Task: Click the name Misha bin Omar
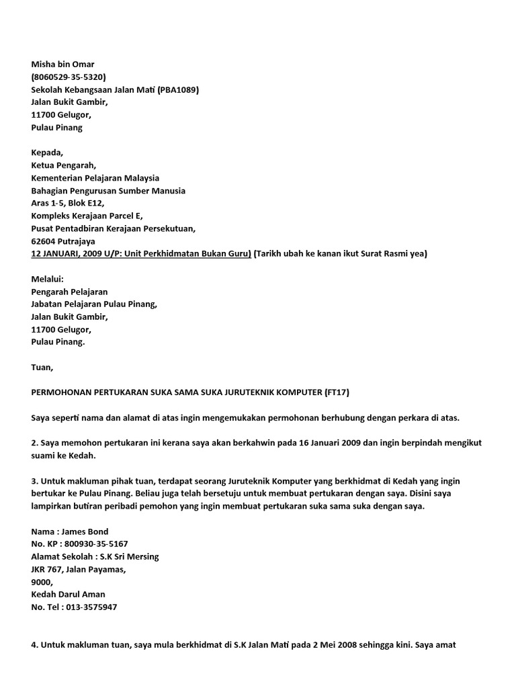pyautogui.click(x=63, y=64)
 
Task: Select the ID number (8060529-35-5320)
pyautogui.click(x=69, y=77)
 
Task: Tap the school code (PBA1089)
pyautogui.click(x=178, y=90)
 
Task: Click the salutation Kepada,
pyautogui.click(x=48, y=153)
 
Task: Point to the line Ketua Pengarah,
pyautogui.click(x=64, y=165)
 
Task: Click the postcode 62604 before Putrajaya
pyautogui.click(x=44, y=241)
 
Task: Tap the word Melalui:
pyautogui.click(x=48, y=279)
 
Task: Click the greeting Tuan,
pyautogui.click(x=42, y=368)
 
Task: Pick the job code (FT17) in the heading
pyautogui.click(x=336, y=392)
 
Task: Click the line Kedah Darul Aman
pyautogui.click(x=69, y=595)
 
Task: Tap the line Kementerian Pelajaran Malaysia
pyautogui.click(x=95, y=178)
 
